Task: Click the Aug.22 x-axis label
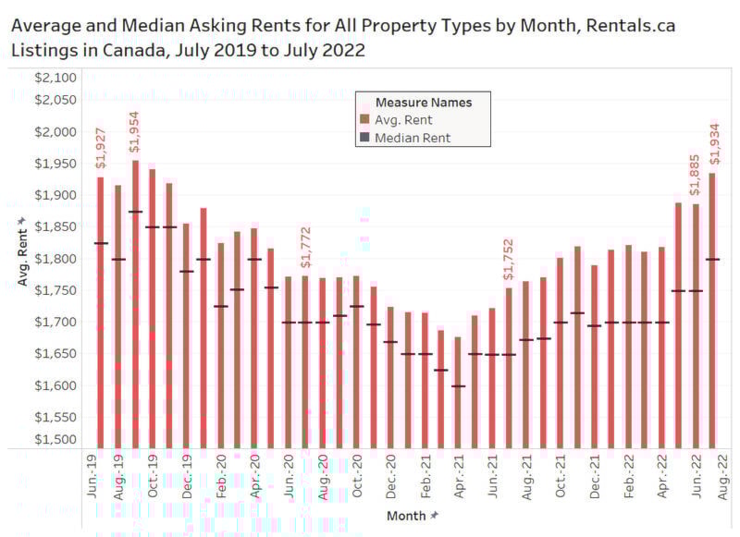pyautogui.click(x=713, y=480)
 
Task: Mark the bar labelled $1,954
pyautogui.click(x=135, y=305)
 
